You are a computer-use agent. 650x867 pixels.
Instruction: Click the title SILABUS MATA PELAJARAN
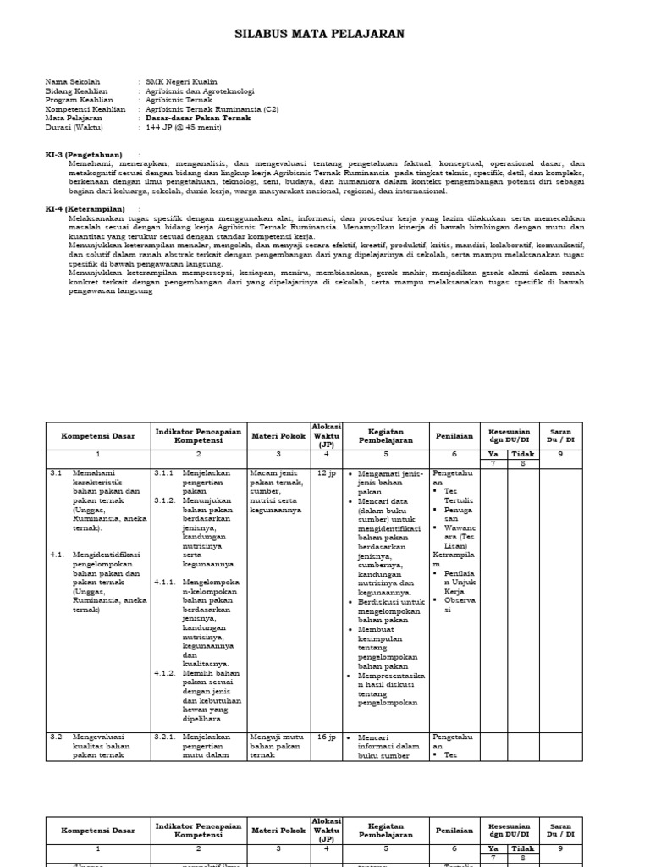(x=319, y=34)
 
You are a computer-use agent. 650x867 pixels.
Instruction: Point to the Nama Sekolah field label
(x=73, y=82)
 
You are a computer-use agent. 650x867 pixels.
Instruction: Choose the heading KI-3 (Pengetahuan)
(x=83, y=155)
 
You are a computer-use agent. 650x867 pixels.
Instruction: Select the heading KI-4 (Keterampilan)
(x=85, y=208)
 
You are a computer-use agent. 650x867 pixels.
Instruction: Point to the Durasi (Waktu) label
(x=74, y=128)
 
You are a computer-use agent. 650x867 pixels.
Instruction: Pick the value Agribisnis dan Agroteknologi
(x=200, y=91)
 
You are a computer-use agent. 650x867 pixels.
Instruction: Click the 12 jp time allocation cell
(x=326, y=472)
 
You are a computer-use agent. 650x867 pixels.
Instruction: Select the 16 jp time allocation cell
(x=326, y=737)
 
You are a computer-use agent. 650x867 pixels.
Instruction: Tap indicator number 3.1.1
(x=165, y=472)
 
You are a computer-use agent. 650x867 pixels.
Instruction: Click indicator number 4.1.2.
(x=165, y=673)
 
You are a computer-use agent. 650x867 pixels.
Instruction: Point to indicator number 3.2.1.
(x=165, y=737)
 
